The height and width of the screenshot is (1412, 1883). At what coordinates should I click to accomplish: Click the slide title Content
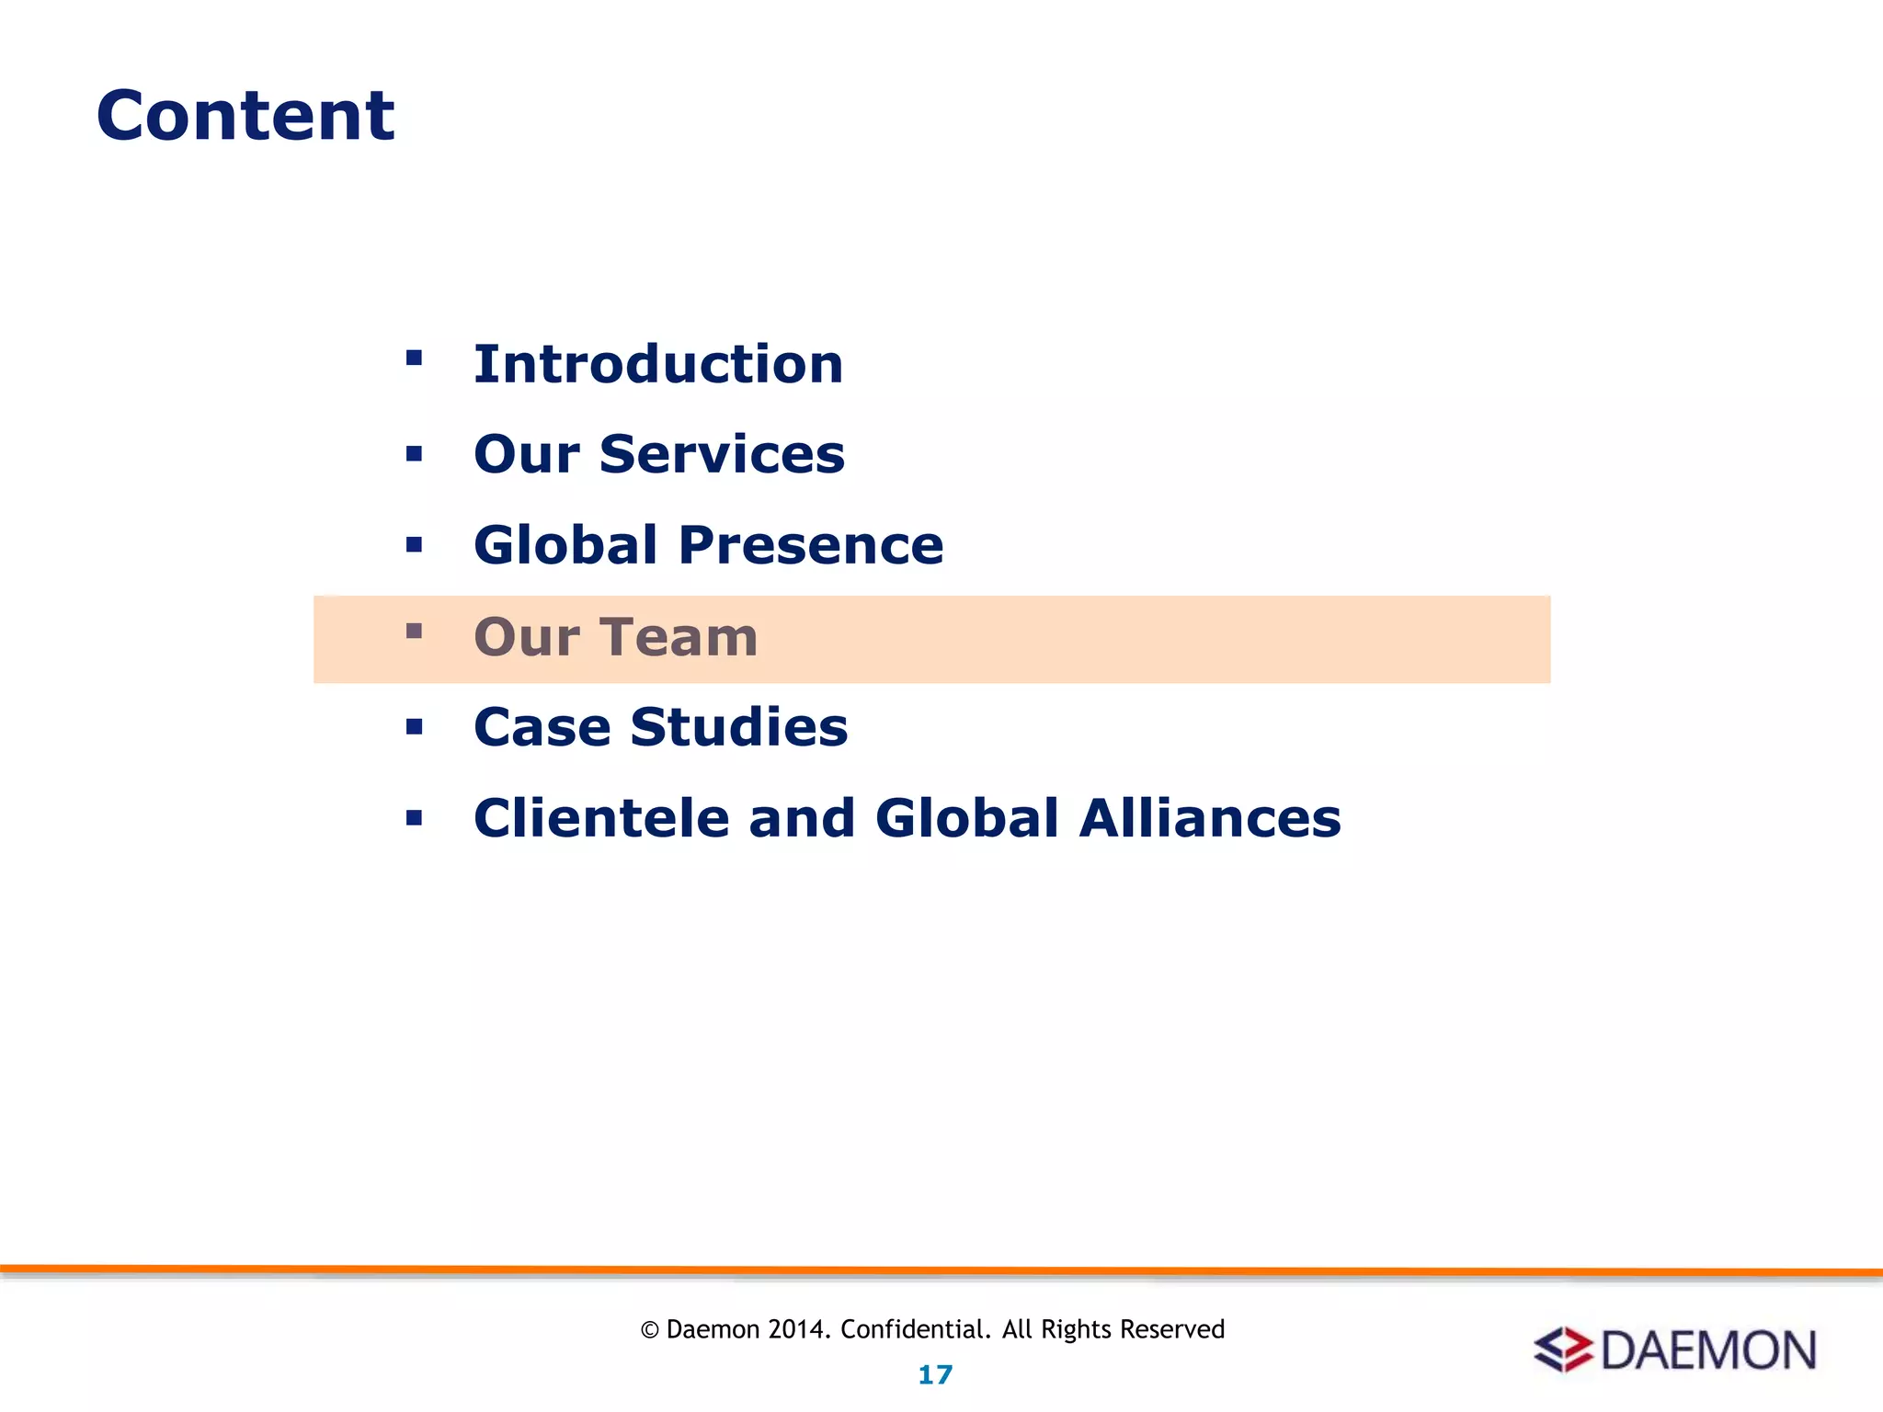click(245, 116)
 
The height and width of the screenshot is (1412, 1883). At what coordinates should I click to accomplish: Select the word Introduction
click(658, 364)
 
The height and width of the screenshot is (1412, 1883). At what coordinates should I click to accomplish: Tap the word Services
click(722, 454)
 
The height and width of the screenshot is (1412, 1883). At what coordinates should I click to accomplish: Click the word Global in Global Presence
click(565, 545)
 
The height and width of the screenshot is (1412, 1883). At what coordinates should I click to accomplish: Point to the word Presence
click(811, 545)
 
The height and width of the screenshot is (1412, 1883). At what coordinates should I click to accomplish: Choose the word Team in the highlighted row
click(679, 637)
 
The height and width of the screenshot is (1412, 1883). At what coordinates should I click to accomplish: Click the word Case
click(542, 727)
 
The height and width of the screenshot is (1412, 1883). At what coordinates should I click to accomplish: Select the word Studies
click(738, 727)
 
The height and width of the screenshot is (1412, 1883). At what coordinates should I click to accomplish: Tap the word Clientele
click(600, 818)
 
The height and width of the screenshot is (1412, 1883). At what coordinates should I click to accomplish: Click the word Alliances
click(1210, 818)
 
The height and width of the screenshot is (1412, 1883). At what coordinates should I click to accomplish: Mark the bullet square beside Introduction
click(414, 358)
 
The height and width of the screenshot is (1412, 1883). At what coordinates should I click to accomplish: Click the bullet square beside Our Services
click(414, 453)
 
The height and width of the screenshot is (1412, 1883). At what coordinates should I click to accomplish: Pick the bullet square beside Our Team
click(414, 631)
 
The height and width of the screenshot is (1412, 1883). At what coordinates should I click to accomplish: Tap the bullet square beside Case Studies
click(414, 727)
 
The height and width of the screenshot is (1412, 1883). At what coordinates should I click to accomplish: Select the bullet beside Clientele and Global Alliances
click(414, 817)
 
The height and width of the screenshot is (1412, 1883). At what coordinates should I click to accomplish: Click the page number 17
click(935, 1375)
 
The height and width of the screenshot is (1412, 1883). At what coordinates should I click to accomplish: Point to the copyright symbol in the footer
click(650, 1330)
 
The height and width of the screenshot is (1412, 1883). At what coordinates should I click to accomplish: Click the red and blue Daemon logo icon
click(1563, 1349)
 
